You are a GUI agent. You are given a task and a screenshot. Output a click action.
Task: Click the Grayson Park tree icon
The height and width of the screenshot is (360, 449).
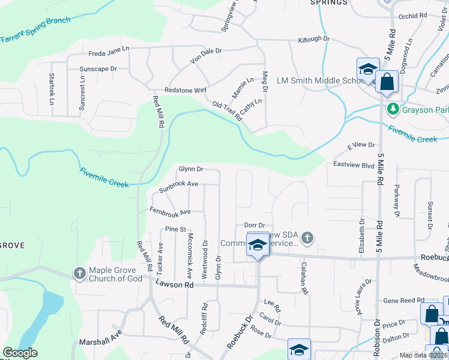coord(393,110)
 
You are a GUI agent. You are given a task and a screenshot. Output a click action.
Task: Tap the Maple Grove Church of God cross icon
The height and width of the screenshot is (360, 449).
coord(80,274)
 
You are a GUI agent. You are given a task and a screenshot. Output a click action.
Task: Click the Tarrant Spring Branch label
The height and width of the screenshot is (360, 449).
coord(35,29)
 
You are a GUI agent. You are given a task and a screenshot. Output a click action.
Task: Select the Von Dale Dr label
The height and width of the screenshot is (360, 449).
coord(206,55)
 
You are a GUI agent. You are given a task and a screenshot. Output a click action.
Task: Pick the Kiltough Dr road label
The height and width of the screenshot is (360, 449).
coord(315,39)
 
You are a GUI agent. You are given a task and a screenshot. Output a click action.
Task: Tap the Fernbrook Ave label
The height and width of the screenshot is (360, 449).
coord(170,212)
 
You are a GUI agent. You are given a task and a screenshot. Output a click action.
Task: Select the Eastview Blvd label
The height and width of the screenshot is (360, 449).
coord(354,164)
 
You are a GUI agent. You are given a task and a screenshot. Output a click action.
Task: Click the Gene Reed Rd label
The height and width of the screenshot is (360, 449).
coord(403,300)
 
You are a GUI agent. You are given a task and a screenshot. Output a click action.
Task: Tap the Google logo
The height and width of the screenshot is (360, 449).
coord(20,353)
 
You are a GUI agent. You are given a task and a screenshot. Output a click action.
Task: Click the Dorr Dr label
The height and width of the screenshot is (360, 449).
coord(255,225)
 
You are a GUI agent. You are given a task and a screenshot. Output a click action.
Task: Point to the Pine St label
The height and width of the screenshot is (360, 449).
coord(176,229)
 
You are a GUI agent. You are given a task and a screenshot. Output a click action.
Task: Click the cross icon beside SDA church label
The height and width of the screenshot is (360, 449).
coord(307,239)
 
